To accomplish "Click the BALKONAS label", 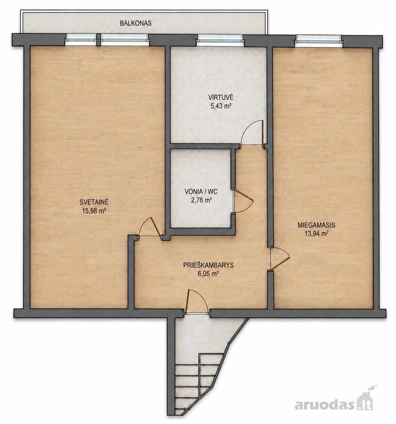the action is [x=136, y=23].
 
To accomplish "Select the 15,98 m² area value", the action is [x=94, y=211].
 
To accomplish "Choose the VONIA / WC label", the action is [x=201, y=192].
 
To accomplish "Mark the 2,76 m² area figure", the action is [x=201, y=200].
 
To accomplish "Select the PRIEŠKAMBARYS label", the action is [x=208, y=265].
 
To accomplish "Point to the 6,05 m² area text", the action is [x=208, y=274].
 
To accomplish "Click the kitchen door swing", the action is [x=252, y=132].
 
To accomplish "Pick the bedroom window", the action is [x=318, y=40].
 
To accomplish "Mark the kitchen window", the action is [x=220, y=40].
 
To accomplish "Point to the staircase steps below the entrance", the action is [x=200, y=387].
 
